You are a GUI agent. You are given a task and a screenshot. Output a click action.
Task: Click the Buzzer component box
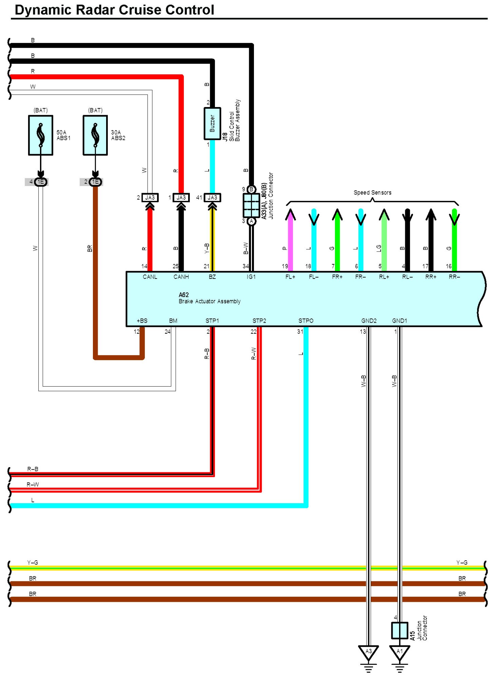[x=212, y=124]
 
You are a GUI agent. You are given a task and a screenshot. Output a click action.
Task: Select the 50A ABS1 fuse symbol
[x=41, y=135]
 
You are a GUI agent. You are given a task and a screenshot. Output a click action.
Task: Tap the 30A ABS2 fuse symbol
[x=95, y=135]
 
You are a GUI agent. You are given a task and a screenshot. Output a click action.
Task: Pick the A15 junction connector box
[x=400, y=630]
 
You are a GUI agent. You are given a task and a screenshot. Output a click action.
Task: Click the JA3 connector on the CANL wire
[x=150, y=198]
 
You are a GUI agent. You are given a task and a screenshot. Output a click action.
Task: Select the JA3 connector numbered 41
[x=212, y=198]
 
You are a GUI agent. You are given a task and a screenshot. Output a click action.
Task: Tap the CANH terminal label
[x=181, y=277]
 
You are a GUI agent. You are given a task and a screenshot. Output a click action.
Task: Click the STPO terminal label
[x=306, y=321]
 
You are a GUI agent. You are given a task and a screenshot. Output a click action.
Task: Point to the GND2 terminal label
[x=369, y=321]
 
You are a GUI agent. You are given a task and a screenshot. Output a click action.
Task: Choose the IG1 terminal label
[x=251, y=277]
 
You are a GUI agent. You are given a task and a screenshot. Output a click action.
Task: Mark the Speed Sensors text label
[x=373, y=192]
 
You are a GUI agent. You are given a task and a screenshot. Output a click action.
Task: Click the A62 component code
[x=184, y=295]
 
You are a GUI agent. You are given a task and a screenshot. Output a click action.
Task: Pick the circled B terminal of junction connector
[x=252, y=189]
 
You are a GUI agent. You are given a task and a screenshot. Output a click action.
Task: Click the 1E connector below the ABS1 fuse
[x=41, y=182]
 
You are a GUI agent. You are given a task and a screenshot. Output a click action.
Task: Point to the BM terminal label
[x=173, y=321]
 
